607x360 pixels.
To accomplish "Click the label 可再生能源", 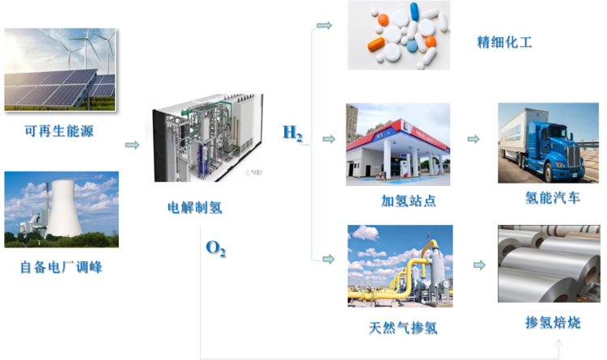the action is coord(59,131).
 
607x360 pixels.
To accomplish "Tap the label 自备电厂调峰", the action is coord(62,267).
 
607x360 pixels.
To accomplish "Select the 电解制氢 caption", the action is coord(195,207).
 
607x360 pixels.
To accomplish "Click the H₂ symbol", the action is coord(293,133).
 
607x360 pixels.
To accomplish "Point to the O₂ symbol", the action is coord(215,248).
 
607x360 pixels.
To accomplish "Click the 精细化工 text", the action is coord(504,42).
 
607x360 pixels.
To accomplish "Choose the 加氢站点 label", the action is coord(409,201).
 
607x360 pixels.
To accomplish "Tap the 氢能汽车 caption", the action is coord(553,198).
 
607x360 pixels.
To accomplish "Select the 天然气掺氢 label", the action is coord(403,328).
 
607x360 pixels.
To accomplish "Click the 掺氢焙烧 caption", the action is coord(553,322).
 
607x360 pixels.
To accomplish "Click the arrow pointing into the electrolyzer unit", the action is coord(133,145).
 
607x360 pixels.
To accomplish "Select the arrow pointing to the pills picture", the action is coord(325,26).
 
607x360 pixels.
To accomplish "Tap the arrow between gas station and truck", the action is coord(473,139).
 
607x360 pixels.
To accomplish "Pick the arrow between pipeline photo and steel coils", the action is coord(480,265).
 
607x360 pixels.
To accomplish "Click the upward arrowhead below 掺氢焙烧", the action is coord(558,344).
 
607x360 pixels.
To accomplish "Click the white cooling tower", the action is coord(64,208).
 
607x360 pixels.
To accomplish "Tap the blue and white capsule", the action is coord(414,11).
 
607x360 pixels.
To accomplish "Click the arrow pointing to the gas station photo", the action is coord(329,139).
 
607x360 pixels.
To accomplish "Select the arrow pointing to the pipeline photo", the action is coord(329,259).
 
